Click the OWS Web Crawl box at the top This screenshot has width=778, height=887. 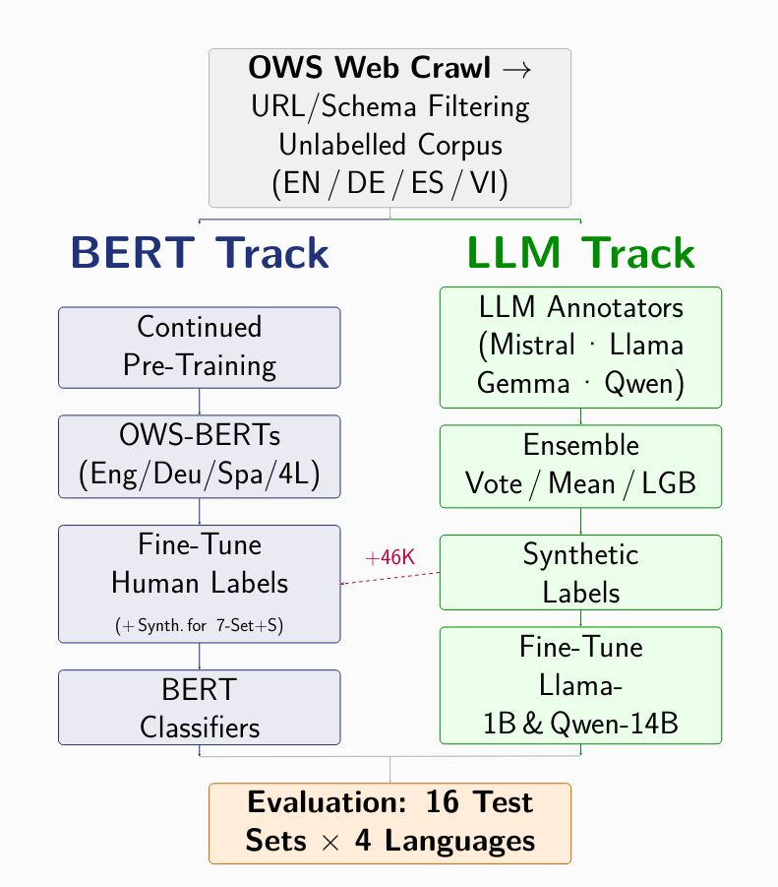(x=390, y=127)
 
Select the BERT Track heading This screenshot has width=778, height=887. (x=200, y=254)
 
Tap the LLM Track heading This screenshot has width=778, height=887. (x=580, y=254)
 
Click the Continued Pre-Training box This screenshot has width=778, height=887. (x=200, y=347)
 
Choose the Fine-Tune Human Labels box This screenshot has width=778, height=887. (x=200, y=583)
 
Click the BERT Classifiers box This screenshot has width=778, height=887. (x=200, y=707)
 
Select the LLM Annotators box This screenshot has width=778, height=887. (x=580, y=347)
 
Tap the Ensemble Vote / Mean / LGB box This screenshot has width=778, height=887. (x=580, y=466)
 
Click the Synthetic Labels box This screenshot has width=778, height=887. (x=580, y=573)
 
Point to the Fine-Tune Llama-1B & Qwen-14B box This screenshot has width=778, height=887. (x=580, y=685)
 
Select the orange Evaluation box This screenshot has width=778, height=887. (x=390, y=823)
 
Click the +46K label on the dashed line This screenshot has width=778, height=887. (x=389, y=557)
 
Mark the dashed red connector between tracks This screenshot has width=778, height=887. (x=389, y=578)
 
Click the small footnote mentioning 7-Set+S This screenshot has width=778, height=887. (x=200, y=625)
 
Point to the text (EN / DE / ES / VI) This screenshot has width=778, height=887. (x=390, y=183)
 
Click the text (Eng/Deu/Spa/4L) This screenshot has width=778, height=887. (x=200, y=475)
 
